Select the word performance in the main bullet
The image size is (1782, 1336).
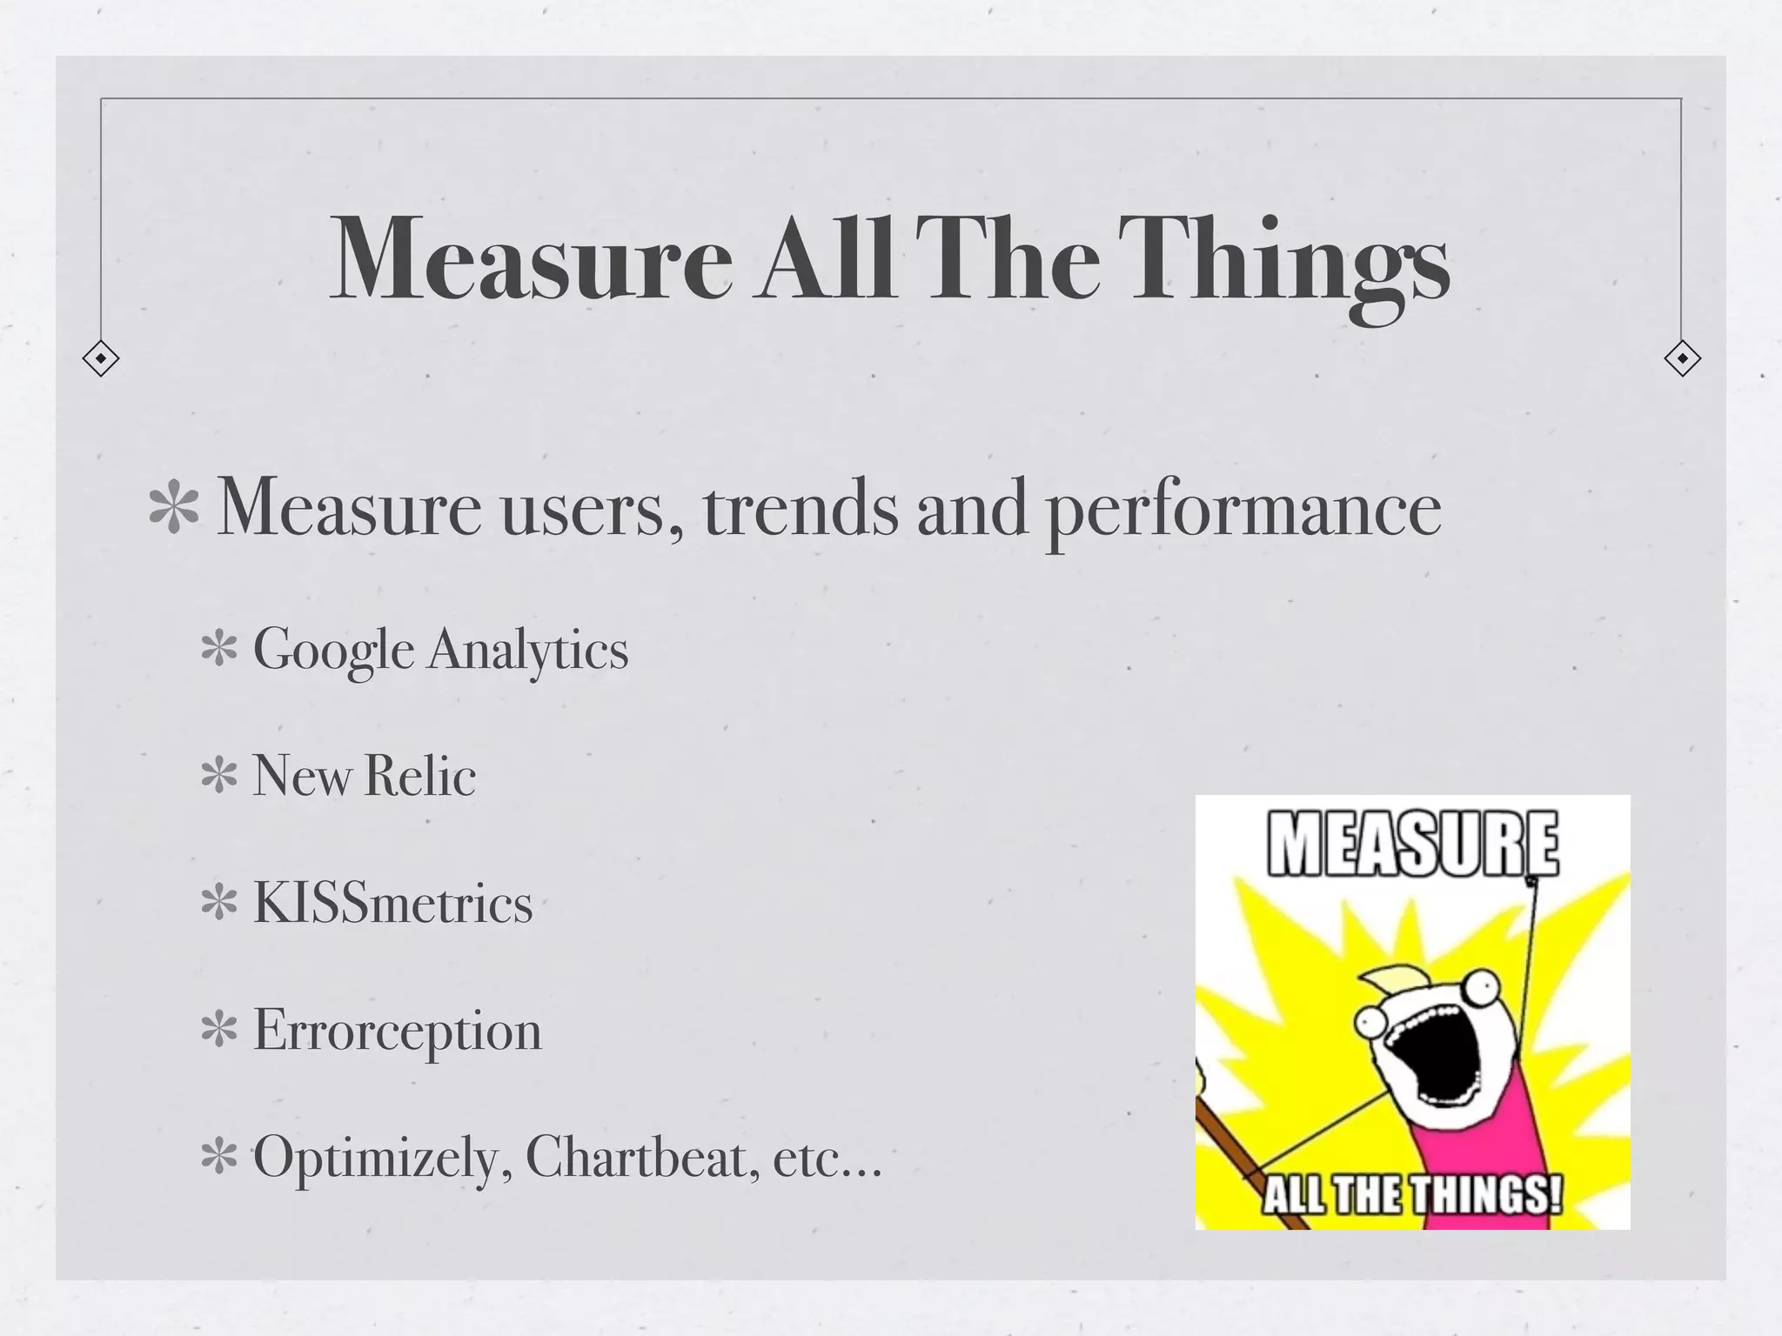click(1243, 511)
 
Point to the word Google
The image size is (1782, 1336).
click(332, 651)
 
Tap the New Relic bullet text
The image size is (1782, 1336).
click(364, 776)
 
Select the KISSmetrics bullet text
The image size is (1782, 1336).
click(392, 903)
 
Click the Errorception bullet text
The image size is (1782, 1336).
click(397, 1032)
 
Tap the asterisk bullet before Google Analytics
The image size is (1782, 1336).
click(219, 651)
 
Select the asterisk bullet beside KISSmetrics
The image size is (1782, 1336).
click(219, 905)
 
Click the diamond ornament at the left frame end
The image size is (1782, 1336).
click(101, 358)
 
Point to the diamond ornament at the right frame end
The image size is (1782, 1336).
click(1682, 358)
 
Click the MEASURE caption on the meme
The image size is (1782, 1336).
click(1412, 844)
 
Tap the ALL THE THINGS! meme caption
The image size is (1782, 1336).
click(1411, 1195)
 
